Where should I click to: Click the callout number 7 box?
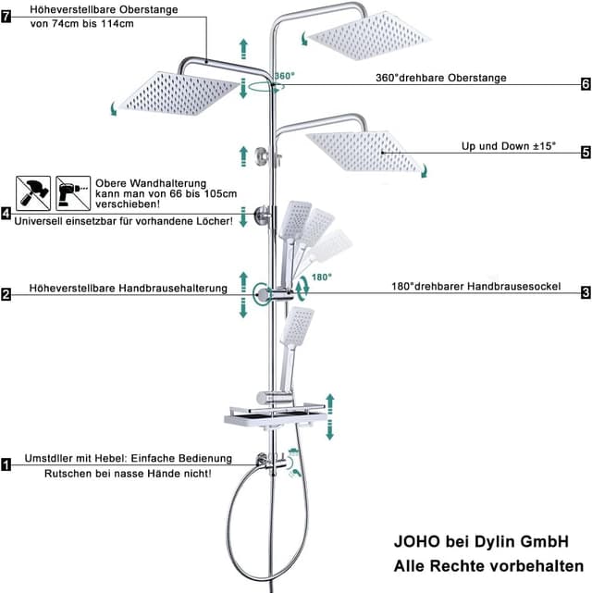point(6,17)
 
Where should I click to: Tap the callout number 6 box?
point(586,84)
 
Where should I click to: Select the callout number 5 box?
point(586,153)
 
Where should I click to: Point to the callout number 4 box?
point(6,214)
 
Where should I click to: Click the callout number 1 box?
point(6,464)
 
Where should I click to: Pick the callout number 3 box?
point(586,292)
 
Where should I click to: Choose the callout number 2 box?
point(6,294)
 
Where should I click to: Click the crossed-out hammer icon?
point(33,193)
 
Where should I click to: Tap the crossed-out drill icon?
point(73,193)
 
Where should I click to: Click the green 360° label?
point(284,76)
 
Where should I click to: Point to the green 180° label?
point(322,278)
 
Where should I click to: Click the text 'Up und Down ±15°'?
point(509,146)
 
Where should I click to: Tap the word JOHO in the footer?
point(417,541)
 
